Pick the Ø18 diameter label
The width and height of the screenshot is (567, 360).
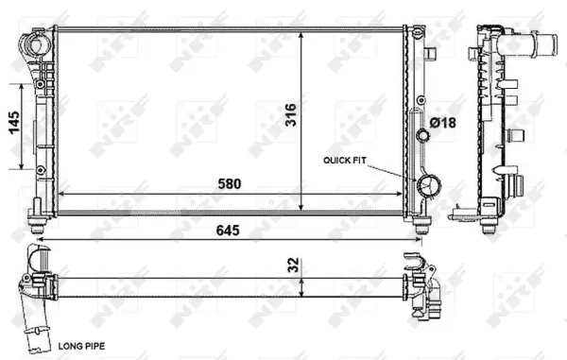point(442,121)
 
